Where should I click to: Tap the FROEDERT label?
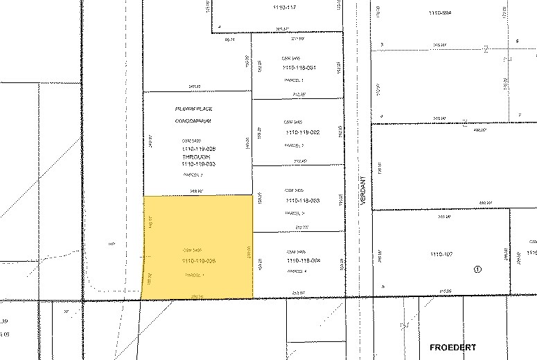452,346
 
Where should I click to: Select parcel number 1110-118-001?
299,67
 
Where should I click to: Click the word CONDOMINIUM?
193,120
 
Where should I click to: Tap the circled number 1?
477,269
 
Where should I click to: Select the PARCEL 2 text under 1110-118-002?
294,145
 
